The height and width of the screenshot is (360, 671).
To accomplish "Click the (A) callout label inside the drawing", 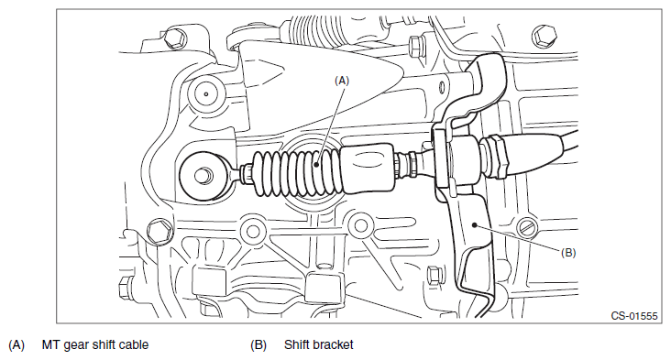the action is point(342,81).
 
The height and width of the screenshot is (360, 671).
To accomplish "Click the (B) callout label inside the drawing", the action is point(568,253).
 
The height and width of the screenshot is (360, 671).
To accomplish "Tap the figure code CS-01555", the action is point(633,316).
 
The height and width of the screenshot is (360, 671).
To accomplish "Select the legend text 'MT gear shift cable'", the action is point(95,345).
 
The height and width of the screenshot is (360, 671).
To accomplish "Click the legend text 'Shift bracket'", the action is point(318,344).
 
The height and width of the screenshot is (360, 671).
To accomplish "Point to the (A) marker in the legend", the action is point(16,345).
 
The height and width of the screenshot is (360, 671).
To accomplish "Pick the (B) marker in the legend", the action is point(258,345).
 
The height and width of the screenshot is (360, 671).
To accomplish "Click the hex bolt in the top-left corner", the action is point(175,38).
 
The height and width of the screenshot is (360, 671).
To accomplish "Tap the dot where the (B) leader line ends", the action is point(474,224).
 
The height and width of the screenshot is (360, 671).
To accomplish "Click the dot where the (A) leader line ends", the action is point(315,164).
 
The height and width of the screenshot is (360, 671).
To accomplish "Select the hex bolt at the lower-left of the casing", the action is point(159,232).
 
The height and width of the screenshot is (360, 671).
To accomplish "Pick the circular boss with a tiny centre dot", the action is point(206,93).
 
